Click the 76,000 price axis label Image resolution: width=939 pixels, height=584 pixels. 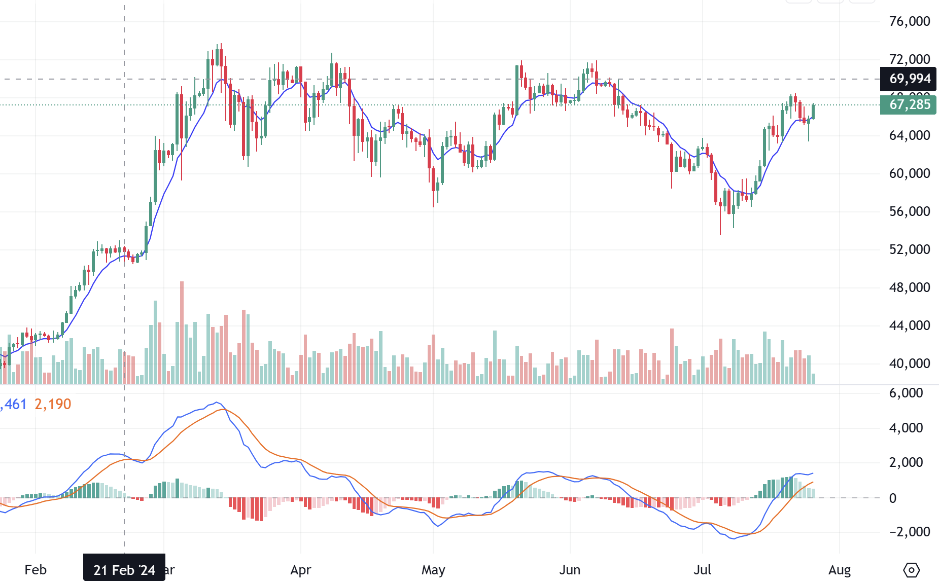(x=910, y=21)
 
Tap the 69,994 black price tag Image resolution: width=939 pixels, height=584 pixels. (x=908, y=79)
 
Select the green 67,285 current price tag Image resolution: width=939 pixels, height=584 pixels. (x=908, y=105)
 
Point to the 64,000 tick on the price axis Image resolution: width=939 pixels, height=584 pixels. (x=910, y=135)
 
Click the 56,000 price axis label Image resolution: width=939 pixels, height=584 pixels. (x=910, y=211)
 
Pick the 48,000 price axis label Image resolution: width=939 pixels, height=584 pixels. (x=910, y=287)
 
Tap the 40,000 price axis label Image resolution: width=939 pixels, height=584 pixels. (x=910, y=363)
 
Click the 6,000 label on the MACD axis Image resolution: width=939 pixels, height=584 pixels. (x=906, y=393)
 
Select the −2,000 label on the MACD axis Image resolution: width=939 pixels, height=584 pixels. (x=906, y=532)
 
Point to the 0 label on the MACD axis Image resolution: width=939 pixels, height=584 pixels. (x=893, y=498)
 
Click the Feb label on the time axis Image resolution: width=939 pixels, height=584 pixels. (x=36, y=570)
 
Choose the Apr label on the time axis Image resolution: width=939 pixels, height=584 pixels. (x=300, y=570)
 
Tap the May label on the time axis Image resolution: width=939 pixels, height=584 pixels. (x=433, y=570)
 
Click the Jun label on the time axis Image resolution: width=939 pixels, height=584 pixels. (x=570, y=570)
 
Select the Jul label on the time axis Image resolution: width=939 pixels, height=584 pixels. (x=703, y=570)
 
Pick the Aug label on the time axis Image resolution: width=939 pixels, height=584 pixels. (x=840, y=570)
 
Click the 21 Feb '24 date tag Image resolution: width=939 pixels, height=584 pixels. (x=124, y=570)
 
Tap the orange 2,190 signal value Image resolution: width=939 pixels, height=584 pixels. (x=53, y=404)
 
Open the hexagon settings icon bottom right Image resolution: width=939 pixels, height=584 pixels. (x=912, y=570)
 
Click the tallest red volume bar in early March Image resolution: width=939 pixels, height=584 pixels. (x=182, y=332)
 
